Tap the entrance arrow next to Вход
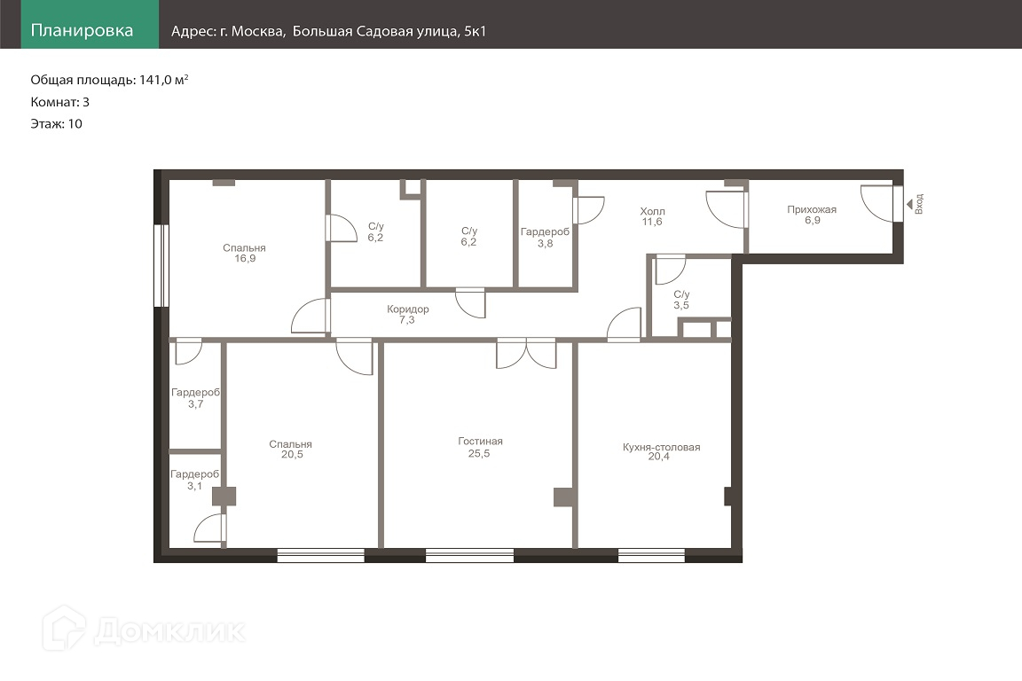[x=909, y=205]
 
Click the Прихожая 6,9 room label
[x=812, y=215]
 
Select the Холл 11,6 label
[x=652, y=216]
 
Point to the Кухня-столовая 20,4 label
[x=661, y=451]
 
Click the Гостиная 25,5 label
[x=480, y=447]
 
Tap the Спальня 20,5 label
[x=291, y=449]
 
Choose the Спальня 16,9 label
[x=245, y=253]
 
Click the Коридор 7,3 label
[x=407, y=314]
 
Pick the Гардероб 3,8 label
[x=545, y=238]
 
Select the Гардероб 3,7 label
[x=195, y=398]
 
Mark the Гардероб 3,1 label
[x=195, y=481]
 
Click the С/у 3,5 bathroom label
[x=681, y=300]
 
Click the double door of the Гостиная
[x=527, y=354]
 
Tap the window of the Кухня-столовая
[x=651, y=556]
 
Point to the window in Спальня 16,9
[x=161, y=266]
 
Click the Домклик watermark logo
[x=145, y=630]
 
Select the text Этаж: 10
[x=56, y=124]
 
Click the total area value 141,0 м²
[x=163, y=80]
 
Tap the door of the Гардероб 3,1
[x=210, y=528]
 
